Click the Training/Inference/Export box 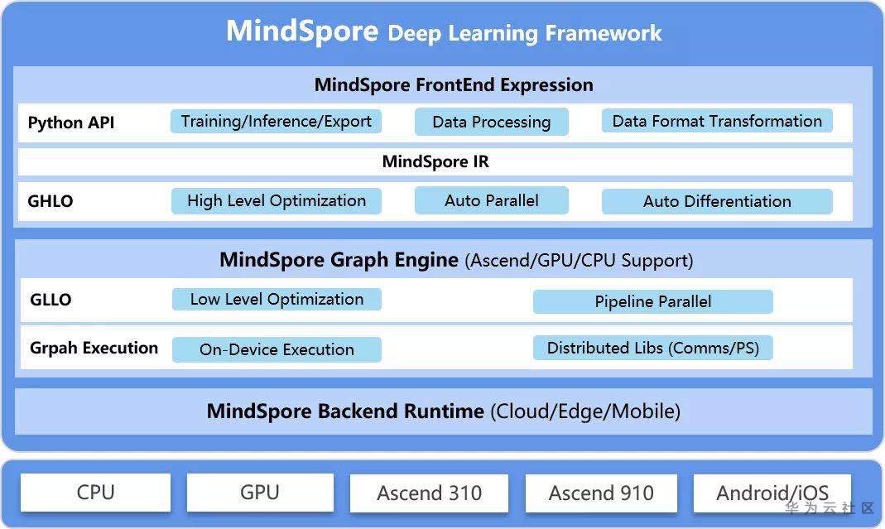(x=277, y=121)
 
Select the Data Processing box (x=491, y=122)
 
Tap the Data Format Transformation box (x=717, y=121)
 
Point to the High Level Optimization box (x=277, y=200)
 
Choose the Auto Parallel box (x=491, y=200)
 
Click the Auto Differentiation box (x=717, y=201)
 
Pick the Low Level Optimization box (x=277, y=299)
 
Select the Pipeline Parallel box (x=652, y=301)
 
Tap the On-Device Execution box (x=277, y=349)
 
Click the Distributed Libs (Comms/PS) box (x=652, y=348)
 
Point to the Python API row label (x=71, y=123)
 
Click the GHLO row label (x=51, y=201)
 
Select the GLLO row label (x=51, y=300)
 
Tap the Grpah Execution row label (x=94, y=348)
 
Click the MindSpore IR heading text (x=435, y=161)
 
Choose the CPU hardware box (x=95, y=493)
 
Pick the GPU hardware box (x=260, y=493)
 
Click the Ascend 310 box (x=429, y=493)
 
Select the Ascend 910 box (x=601, y=493)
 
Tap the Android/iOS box (x=772, y=493)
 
